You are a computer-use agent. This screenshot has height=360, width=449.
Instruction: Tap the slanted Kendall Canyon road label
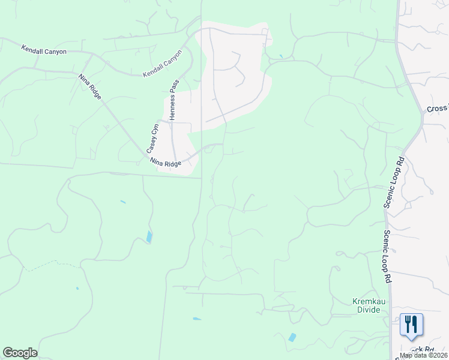[162, 63]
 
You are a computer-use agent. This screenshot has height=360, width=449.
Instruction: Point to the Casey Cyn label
[152, 137]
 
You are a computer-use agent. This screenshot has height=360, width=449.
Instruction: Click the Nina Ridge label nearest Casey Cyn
[165, 163]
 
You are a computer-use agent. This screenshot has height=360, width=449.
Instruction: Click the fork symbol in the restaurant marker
[407, 324]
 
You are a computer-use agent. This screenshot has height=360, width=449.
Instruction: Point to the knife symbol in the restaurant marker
[415, 324]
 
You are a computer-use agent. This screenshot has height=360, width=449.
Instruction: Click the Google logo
[20, 353]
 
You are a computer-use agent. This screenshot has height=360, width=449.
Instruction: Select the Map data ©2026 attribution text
[424, 355]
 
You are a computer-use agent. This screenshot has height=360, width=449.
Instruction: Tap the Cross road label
[438, 109]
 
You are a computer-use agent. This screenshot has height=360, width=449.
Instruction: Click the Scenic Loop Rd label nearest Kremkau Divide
[388, 257]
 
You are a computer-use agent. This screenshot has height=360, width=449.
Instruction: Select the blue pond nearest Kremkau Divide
[292, 337]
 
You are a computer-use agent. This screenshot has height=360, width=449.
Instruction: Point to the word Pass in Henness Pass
[173, 87]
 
